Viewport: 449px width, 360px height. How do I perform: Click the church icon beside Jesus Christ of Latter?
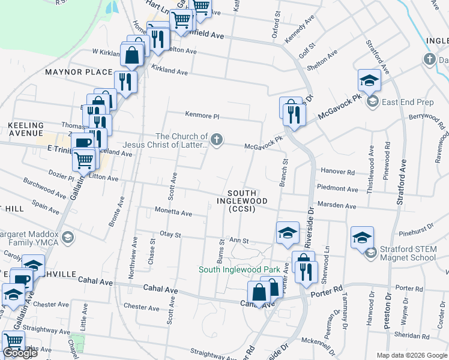(217, 140)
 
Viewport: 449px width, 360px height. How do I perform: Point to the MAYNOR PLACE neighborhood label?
(79, 72)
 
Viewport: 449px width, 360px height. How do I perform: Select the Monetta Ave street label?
(173, 213)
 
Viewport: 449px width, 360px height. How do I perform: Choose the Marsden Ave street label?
(337, 206)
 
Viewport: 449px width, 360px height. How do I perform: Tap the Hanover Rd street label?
(342, 172)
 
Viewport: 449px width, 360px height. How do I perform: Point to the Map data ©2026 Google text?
(412, 355)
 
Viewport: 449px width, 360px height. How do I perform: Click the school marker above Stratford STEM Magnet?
(363, 237)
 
